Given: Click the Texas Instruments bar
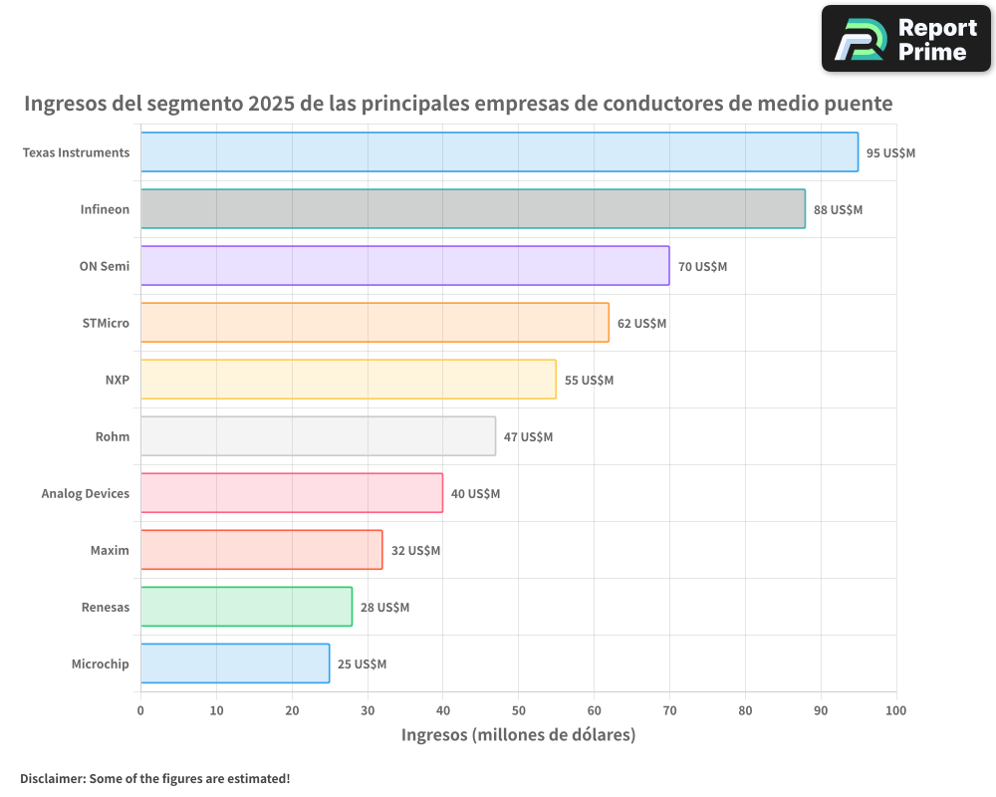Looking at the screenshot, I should point(498,152).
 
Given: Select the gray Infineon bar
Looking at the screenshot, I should point(472,209).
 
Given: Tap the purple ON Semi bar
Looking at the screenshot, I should point(404,266).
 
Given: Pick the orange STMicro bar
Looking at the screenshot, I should point(374,323).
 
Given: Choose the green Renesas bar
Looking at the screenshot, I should point(246,607).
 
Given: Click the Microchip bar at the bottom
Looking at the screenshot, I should point(234,664).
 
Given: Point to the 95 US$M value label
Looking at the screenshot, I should point(890,153).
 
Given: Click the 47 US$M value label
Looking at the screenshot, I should point(528,437).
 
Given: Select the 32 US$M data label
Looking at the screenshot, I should point(415,551).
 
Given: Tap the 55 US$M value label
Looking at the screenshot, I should point(589,381).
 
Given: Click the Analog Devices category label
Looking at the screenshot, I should point(86,493).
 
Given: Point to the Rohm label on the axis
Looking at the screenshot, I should point(113,436).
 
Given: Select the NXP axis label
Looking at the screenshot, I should point(118,380).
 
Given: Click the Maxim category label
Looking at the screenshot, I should point(110,550).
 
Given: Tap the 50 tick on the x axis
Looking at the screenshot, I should point(519,710).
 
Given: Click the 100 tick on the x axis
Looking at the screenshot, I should point(896,710).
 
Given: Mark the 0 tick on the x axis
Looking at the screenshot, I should point(140,710).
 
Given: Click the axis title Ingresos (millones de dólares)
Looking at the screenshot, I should point(518,735).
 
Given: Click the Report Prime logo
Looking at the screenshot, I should point(905,39).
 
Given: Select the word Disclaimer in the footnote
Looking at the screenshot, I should point(51,778).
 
